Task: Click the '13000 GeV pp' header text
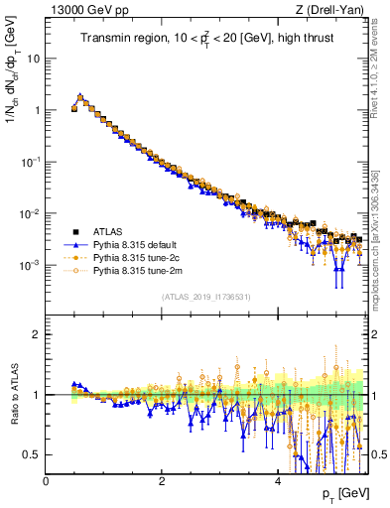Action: [86, 10]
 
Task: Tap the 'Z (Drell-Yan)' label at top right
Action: [331, 10]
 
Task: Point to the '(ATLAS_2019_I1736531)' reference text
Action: [206, 297]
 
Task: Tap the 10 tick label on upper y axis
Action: [34, 59]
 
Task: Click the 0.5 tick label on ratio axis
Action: [32, 454]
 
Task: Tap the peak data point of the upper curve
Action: [79, 97]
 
